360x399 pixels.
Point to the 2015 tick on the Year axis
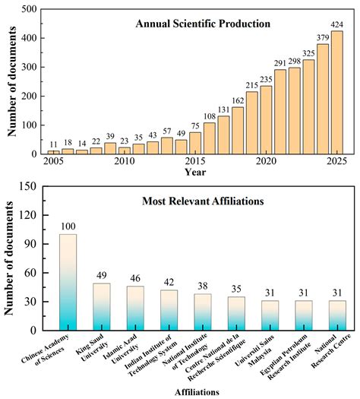pyautogui.click(x=195, y=162)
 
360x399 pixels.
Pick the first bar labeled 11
pyautogui.click(x=53, y=152)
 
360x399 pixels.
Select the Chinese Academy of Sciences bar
pyautogui.click(x=68, y=282)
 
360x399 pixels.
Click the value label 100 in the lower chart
pyautogui.click(x=68, y=227)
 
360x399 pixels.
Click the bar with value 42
pyautogui.click(x=169, y=310)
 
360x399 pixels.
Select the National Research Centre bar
pyautogui.click(x=337, y=315)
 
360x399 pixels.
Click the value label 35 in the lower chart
pyautogui.click(x=236, y=290)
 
